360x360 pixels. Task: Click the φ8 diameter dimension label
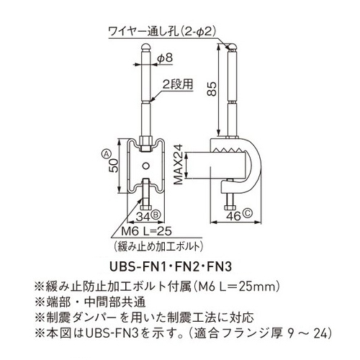coord(165,58)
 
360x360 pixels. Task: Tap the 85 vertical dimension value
coord(212,89)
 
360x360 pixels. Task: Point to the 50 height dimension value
coord(114,166)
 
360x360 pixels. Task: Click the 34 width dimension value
coord(143,217)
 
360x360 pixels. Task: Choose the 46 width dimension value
coord(233,216)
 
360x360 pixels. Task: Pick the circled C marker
coord(248,213)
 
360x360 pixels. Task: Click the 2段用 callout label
coord(178,84)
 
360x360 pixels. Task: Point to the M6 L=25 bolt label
coord(146,231)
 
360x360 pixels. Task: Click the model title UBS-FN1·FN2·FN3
coord(171,266)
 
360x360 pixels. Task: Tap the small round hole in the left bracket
coord(145,166)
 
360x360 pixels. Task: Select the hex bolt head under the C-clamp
coord(230,207)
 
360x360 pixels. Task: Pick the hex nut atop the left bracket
coord(145,140)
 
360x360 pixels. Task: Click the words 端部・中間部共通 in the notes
coord(95,302)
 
